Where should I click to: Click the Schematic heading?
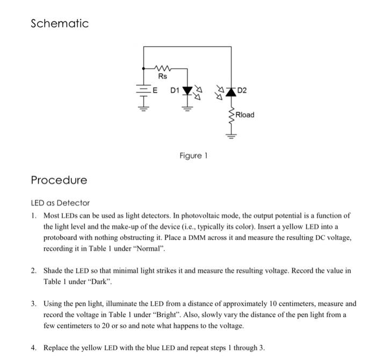(59, 24)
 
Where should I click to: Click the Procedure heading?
(59, 180)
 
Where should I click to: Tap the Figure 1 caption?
(193, 156)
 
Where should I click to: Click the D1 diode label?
(175, 90)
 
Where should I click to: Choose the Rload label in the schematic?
(244, 115)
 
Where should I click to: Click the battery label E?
(155, 90)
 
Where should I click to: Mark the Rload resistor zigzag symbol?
(231, 115)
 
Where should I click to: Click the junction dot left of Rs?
(143, 69)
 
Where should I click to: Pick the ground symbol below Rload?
(231, 135)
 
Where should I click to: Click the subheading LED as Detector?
(60, 203)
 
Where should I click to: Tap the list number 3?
(33, 304)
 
